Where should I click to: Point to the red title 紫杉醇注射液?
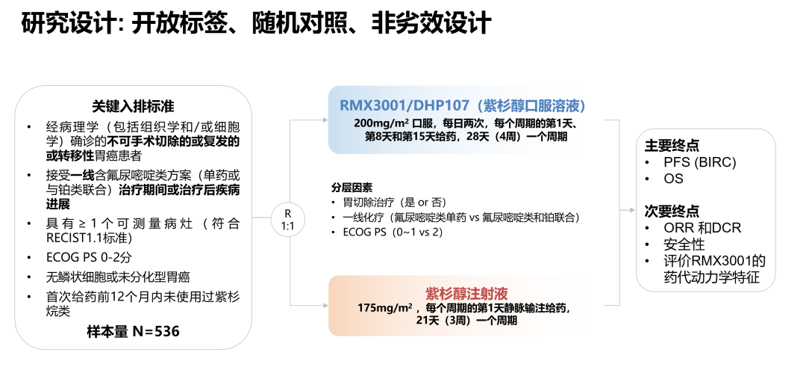click(457, 293)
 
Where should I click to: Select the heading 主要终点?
click(672, 146)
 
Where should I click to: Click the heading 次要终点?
click(672, 212)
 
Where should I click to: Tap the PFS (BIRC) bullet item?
click(695, 163)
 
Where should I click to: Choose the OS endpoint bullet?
click(673, 179)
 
